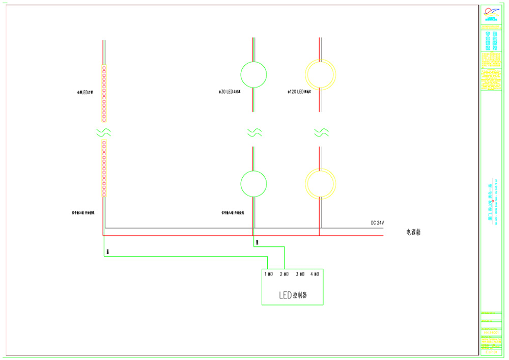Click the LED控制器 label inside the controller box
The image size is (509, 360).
click(x=293, y=295)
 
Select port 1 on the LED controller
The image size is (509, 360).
click(x=269, y=274)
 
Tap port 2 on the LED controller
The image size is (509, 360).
click(x=285, y=274)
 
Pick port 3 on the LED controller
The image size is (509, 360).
click(x=300, y=274)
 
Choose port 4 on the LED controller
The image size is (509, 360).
click(x=315, y=274)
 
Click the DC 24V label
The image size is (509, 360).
click(x=377, y=223)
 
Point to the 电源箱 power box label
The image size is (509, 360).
click(x=413, y=232)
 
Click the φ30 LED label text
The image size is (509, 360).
click(x=229, y=92)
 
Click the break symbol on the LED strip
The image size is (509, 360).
click(x=104, y=133)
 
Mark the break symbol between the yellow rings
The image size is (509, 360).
click(x=321, y=133)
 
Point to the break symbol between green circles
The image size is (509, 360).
click(x=254, y=133)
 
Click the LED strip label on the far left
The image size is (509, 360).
click(x=82, y=93)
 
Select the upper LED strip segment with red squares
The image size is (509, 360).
click(x=104, y=94)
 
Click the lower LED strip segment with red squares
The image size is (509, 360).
click(x=104, y=169)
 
